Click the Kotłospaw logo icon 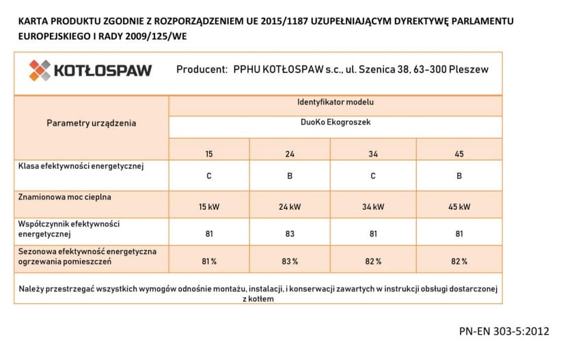click(40, 70)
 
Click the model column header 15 click(209, 154)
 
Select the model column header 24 click(290, 154)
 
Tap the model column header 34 click(373, 154)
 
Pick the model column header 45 click(459, 154)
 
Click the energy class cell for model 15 click(209, 176)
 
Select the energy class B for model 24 click(290, 176)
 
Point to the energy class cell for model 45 click(459, 176)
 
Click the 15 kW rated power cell click(209, 206)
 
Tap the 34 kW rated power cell click(373, 206)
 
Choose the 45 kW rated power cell click(459, 206)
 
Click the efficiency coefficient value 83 click(290, 234)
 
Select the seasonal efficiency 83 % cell click(290, 262)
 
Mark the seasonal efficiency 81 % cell click(209, 262)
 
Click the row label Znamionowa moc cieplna click(66, 197)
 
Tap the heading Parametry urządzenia click(91, 124)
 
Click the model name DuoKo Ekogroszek click(335, 124)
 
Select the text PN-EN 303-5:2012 click(504, 331)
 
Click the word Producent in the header click(202, 70)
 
